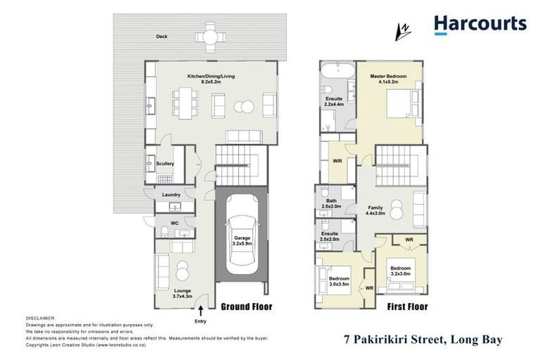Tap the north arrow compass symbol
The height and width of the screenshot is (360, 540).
[404, 30]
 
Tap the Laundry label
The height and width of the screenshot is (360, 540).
[172, 195]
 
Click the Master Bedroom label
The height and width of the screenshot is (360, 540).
[388, 79]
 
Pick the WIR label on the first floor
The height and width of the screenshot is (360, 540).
[337, 161]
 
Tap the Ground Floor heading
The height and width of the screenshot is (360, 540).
[246, 307]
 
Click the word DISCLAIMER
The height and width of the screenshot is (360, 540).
[40, 318]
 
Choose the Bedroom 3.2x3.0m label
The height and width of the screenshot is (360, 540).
[401, 271]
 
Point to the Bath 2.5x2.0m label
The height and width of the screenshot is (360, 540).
[330, 204]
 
